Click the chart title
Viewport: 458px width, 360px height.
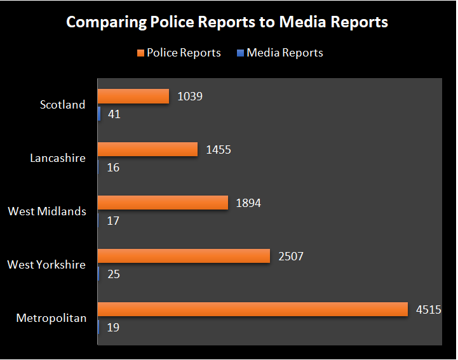(x=227, y=22)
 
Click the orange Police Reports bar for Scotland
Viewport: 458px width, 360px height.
(x=133, y=96)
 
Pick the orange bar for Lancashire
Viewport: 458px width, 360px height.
(x=147, y=149)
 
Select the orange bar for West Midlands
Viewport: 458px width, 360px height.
(x=162, y=203)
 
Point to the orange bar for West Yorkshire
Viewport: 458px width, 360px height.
(x=184, y=256)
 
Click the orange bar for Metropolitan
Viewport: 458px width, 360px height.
(x=252, y=309)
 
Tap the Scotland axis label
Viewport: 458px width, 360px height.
(x=62, y=105)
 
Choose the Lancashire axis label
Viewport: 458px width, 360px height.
(x=57, y=158)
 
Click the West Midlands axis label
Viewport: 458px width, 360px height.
(x=47, y=211)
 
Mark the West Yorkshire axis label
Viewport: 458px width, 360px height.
(x=46, y=265)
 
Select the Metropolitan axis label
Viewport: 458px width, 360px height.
(x=51, y=318)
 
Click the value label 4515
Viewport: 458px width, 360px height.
(x=428, y=310)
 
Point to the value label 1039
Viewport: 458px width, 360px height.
(x=190, y=97)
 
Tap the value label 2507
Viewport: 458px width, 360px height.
(x=292, y=257)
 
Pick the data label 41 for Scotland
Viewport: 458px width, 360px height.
(x=114, y=115)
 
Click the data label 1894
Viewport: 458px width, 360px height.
(x=248, y=203)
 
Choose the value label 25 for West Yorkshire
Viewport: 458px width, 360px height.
(x=114, y=275)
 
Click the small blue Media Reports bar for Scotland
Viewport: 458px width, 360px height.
(x=99, y=114)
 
